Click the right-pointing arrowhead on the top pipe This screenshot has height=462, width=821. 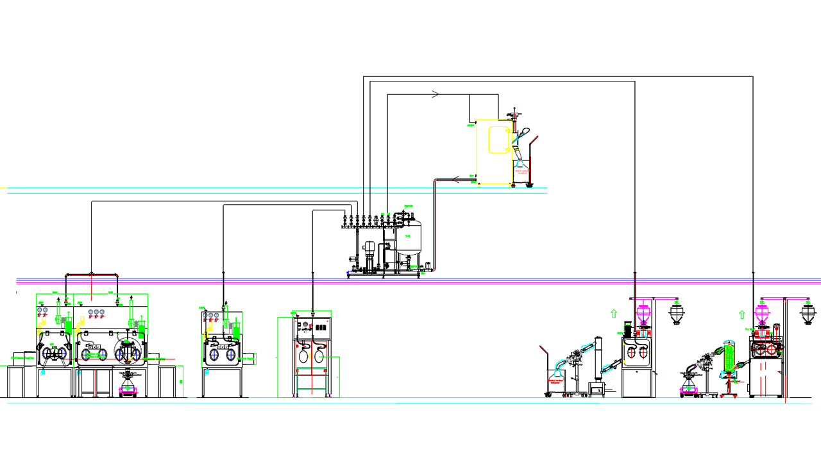[x=436, y=94]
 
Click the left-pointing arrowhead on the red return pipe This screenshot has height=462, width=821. [x=455, y=179]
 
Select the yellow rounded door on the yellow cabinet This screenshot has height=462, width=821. [x=498, y=140]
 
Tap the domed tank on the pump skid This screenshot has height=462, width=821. [x=409, y=238]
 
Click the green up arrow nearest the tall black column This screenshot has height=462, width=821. [x=614, y=314]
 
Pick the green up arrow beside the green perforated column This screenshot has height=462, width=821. [x=742, y=314]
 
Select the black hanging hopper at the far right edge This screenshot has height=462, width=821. [x=808, y=314]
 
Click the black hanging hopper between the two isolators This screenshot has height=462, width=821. [x=676, y=314]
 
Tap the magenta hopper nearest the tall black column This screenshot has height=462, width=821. [x=642, y=314]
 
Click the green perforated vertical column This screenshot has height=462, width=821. [x=729, y=356]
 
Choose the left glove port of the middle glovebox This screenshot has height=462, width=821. [x=214, y=354]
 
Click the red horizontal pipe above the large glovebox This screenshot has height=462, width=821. [x=92, y=275]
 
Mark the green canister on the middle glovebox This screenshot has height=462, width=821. [x=234, y=332]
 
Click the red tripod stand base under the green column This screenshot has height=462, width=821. [x=730, y=389]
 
